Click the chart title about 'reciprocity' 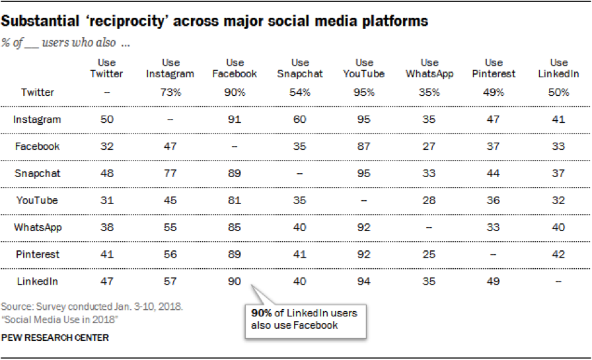tap(215, 21)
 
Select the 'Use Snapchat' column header tap(300, 68)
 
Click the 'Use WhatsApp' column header tap(429, 68)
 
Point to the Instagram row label tap(37, 120)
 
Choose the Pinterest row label tap(37, 254)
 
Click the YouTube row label tap(37, 200)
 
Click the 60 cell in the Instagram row tap(300, 120)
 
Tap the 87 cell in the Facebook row tap(364, 147)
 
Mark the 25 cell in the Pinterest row tap(429, 254)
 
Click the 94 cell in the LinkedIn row tap(364, 281)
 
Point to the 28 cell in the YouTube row tap(429, 200)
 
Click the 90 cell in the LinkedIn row tap(235, 281)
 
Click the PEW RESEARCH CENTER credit tap(55, 338)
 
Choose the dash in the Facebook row tap(235, 147)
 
